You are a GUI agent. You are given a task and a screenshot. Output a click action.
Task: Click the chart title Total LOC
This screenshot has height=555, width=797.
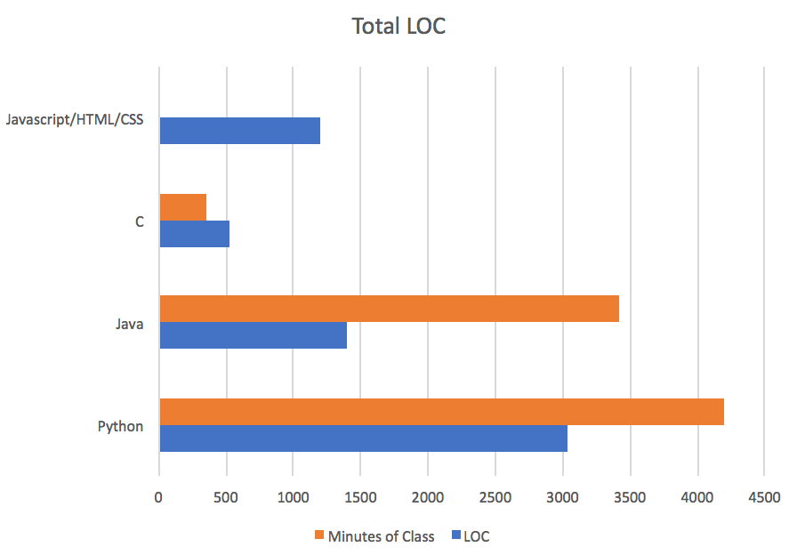click(x=398, y=26)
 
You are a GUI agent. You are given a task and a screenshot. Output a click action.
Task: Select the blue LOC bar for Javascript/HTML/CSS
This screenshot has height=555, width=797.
click(x=239, y=131)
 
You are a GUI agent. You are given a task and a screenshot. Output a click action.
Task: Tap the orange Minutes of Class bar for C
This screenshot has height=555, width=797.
click(x=182, y=207)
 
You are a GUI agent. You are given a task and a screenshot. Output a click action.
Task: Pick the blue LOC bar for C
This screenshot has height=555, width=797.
click(x=194, y=233)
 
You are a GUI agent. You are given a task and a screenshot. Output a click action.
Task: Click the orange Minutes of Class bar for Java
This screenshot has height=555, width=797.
click(x=389, y=309)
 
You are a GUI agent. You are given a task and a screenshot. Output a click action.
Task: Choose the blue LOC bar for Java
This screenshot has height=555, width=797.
click(x=253, y=334)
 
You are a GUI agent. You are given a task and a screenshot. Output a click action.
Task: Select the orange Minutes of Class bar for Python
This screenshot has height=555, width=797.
click(x=441, y=412)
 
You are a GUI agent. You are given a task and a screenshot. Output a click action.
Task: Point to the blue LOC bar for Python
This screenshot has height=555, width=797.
click(x=363, y=438)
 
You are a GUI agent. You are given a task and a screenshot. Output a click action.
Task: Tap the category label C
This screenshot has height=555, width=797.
click(x=140, y=221)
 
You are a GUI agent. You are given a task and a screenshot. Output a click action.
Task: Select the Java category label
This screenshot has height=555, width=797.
click(x=129, y=324)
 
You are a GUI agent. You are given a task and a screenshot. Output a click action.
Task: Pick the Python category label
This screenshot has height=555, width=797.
click(x=120, y=426)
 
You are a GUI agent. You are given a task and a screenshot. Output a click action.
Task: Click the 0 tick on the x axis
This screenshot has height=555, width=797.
click(x=159, y=496)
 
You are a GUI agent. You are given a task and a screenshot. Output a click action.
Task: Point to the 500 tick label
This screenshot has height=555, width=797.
click(x=227, y=496)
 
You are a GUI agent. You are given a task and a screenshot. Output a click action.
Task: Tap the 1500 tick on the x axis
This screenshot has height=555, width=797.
click(x=361, y=496)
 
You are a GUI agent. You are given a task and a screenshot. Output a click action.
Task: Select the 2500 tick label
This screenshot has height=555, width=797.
click(x=495, y=496)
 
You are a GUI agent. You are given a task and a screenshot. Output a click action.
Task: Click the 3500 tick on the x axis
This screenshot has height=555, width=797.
click(x=630, y=496)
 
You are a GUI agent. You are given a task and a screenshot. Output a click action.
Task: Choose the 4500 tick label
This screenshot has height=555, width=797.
click(x=764, y=496)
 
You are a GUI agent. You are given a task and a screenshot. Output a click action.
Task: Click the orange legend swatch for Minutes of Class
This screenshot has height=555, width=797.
click(x=318, y=535)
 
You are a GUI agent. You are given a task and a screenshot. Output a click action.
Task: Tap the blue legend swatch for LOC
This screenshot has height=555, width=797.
click(x=455, y=535)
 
